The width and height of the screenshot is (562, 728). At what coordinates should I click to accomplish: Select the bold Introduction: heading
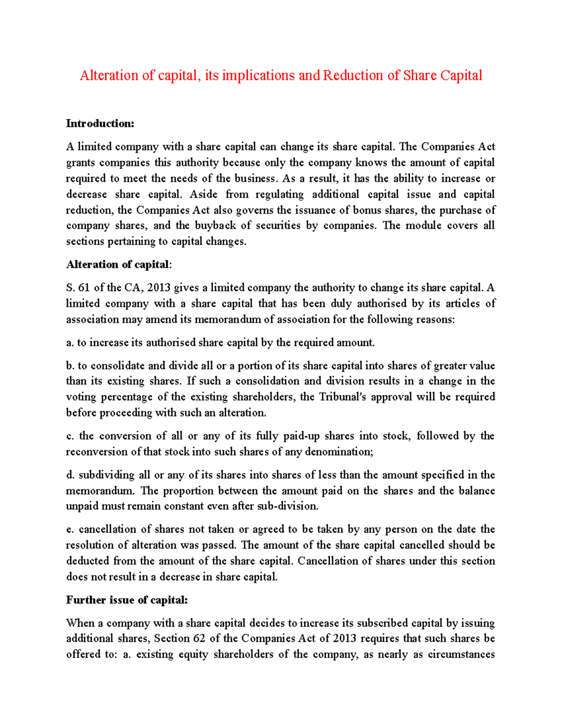coord(100,124)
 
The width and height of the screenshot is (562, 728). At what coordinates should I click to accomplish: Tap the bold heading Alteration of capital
coord(118,265)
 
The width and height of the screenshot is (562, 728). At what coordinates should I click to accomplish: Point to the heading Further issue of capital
coord(126,600)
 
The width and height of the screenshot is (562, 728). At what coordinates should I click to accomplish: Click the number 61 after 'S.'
coord(84,288)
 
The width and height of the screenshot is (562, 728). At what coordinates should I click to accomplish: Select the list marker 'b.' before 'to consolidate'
coord(70,366)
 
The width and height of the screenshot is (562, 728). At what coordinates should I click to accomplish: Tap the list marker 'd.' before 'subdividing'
coord(70,475)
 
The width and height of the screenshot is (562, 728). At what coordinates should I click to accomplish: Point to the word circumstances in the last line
coord(461,654)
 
